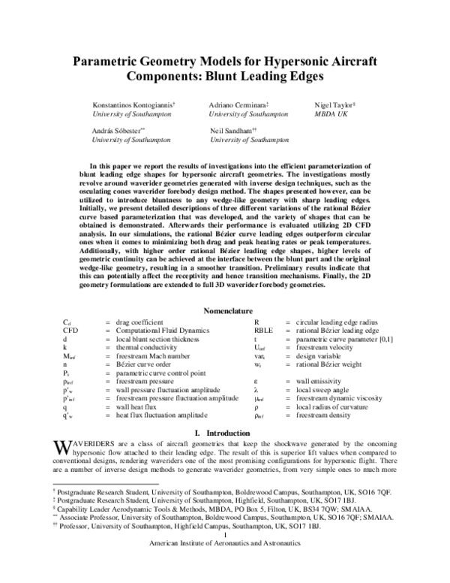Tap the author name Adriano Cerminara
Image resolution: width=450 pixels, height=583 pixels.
pyautogui.click(x=244, y=106)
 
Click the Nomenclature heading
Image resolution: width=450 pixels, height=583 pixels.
pyautogui.click(x=225, y=310)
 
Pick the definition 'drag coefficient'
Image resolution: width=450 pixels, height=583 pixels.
pyautogui.click(x=142, y=322)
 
